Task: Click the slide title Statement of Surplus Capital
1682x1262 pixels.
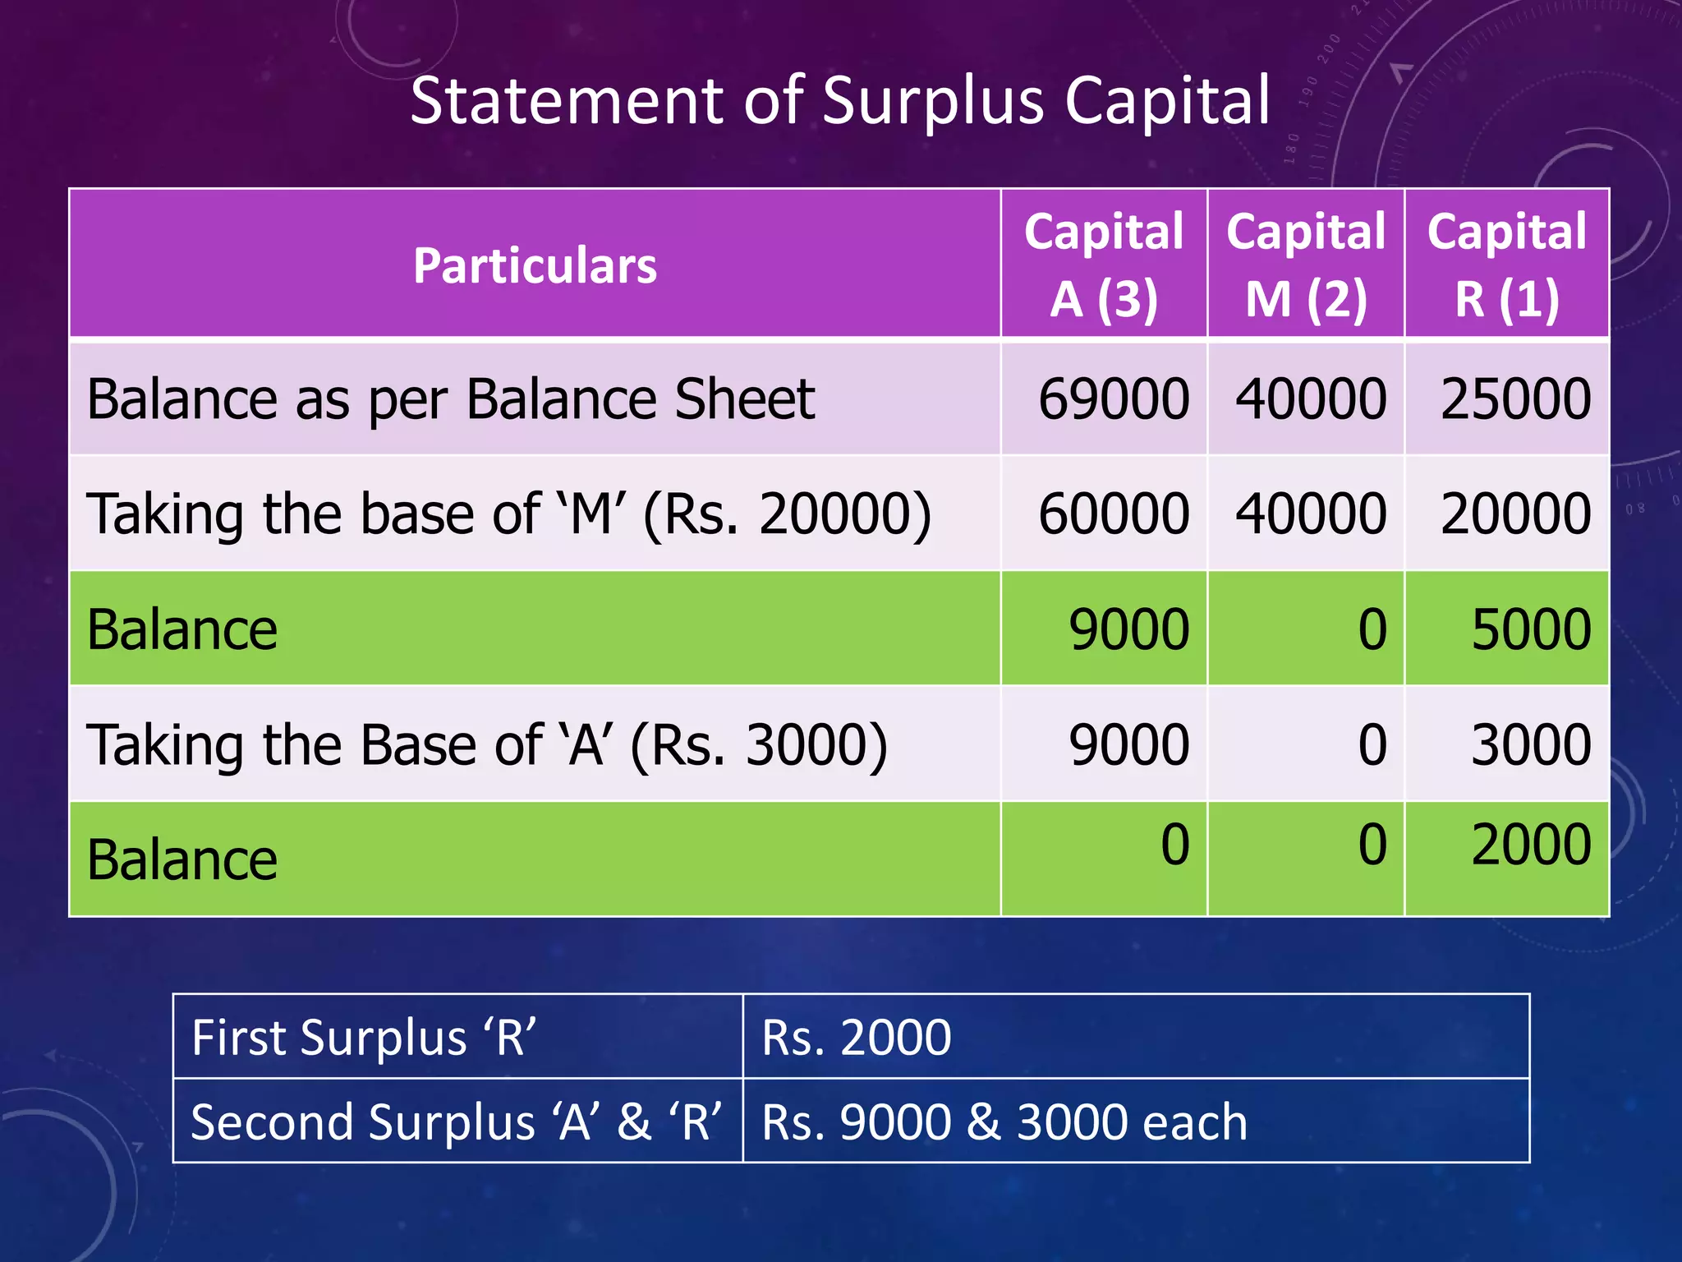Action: click(x=839, y=100)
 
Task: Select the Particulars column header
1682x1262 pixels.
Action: click(x=535, y=265)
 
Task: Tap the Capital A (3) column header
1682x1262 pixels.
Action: click(x=1104, y=265)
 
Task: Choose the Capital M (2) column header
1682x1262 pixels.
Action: click(x=1306, y=265)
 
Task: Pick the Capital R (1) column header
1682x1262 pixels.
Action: click(x=1506, y=265)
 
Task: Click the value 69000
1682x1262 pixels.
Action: click(x=1113, y=399)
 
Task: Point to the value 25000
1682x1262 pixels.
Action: click(x=1515, y=399)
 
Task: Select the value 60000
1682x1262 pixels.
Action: click(x=1113, y=514)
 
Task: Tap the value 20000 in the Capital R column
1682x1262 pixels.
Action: click(x=1515, y=514)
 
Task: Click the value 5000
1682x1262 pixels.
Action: click(x=1531, y=629)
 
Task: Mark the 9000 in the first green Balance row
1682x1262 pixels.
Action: click(x=1128, y=629)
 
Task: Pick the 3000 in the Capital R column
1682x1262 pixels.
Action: click(x=1531, y=744)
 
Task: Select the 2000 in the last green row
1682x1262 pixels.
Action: click(x=1531, y=845)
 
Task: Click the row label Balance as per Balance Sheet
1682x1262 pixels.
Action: click(x=450, y=399)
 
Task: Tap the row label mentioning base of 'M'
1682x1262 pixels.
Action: click(x=508, y=514)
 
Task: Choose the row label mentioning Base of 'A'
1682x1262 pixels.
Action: click(x=486, y=745)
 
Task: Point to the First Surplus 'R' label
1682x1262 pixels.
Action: click(x=364, y=1037)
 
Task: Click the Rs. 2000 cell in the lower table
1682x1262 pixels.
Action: click(x=856, y=1037)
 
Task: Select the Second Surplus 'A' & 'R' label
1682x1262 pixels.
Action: click(x=456, y=1122)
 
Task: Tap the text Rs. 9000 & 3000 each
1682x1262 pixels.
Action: click(x=1004, y=1122)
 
